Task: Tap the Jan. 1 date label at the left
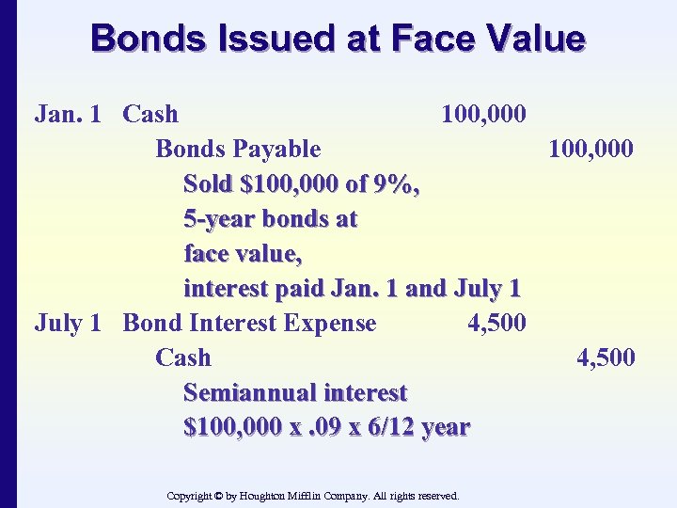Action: (x=68, y=114)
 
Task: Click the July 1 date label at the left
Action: (x=68, y=323)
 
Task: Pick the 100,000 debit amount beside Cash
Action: (x=483, y=114)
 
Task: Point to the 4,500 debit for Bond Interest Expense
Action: (x=496, y=323)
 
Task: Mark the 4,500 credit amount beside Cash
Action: (x=606, y=357)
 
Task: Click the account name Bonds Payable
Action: (x=238, y=149)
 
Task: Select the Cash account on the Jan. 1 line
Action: (x=150, y=114)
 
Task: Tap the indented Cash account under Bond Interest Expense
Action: (x=183, y=357)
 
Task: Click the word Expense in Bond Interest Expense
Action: (x=330, y=323)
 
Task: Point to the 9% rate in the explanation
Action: (x=394, y=183)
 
